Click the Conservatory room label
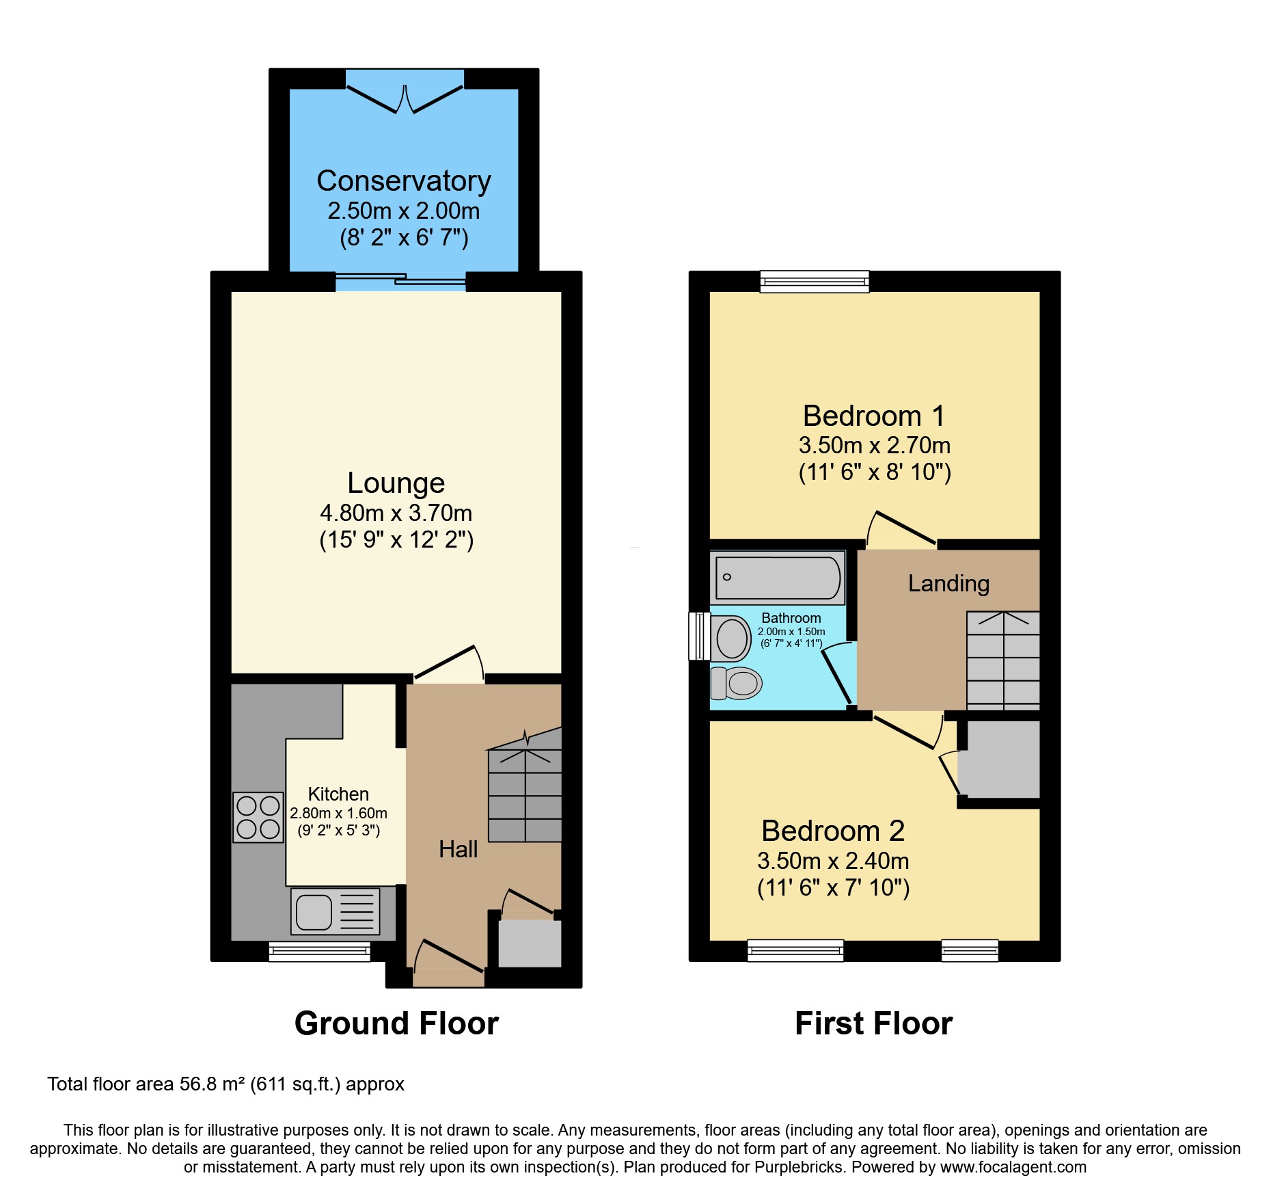point(403,181)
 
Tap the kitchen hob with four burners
point(258,817)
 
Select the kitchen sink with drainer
point(335,911)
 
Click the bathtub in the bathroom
point(778,578)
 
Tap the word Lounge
point(396,483)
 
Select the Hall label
point(458,849)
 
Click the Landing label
point(948,583)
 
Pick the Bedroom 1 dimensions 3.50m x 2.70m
point(874,445)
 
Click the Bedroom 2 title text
point(832,831)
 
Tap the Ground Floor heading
point(396,1023)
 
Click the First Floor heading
point(873,1023)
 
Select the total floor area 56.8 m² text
point(225,1084)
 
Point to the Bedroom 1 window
point(815,281)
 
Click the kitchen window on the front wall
point(319,951)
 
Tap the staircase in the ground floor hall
point(525,793)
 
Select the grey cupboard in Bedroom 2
point(999,759)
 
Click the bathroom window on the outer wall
point(698,636)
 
